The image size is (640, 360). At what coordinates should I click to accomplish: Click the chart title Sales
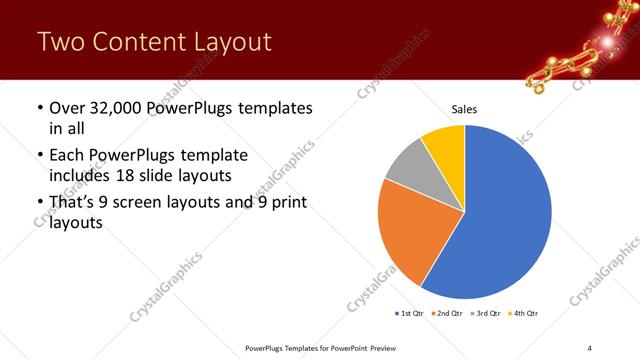465,108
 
